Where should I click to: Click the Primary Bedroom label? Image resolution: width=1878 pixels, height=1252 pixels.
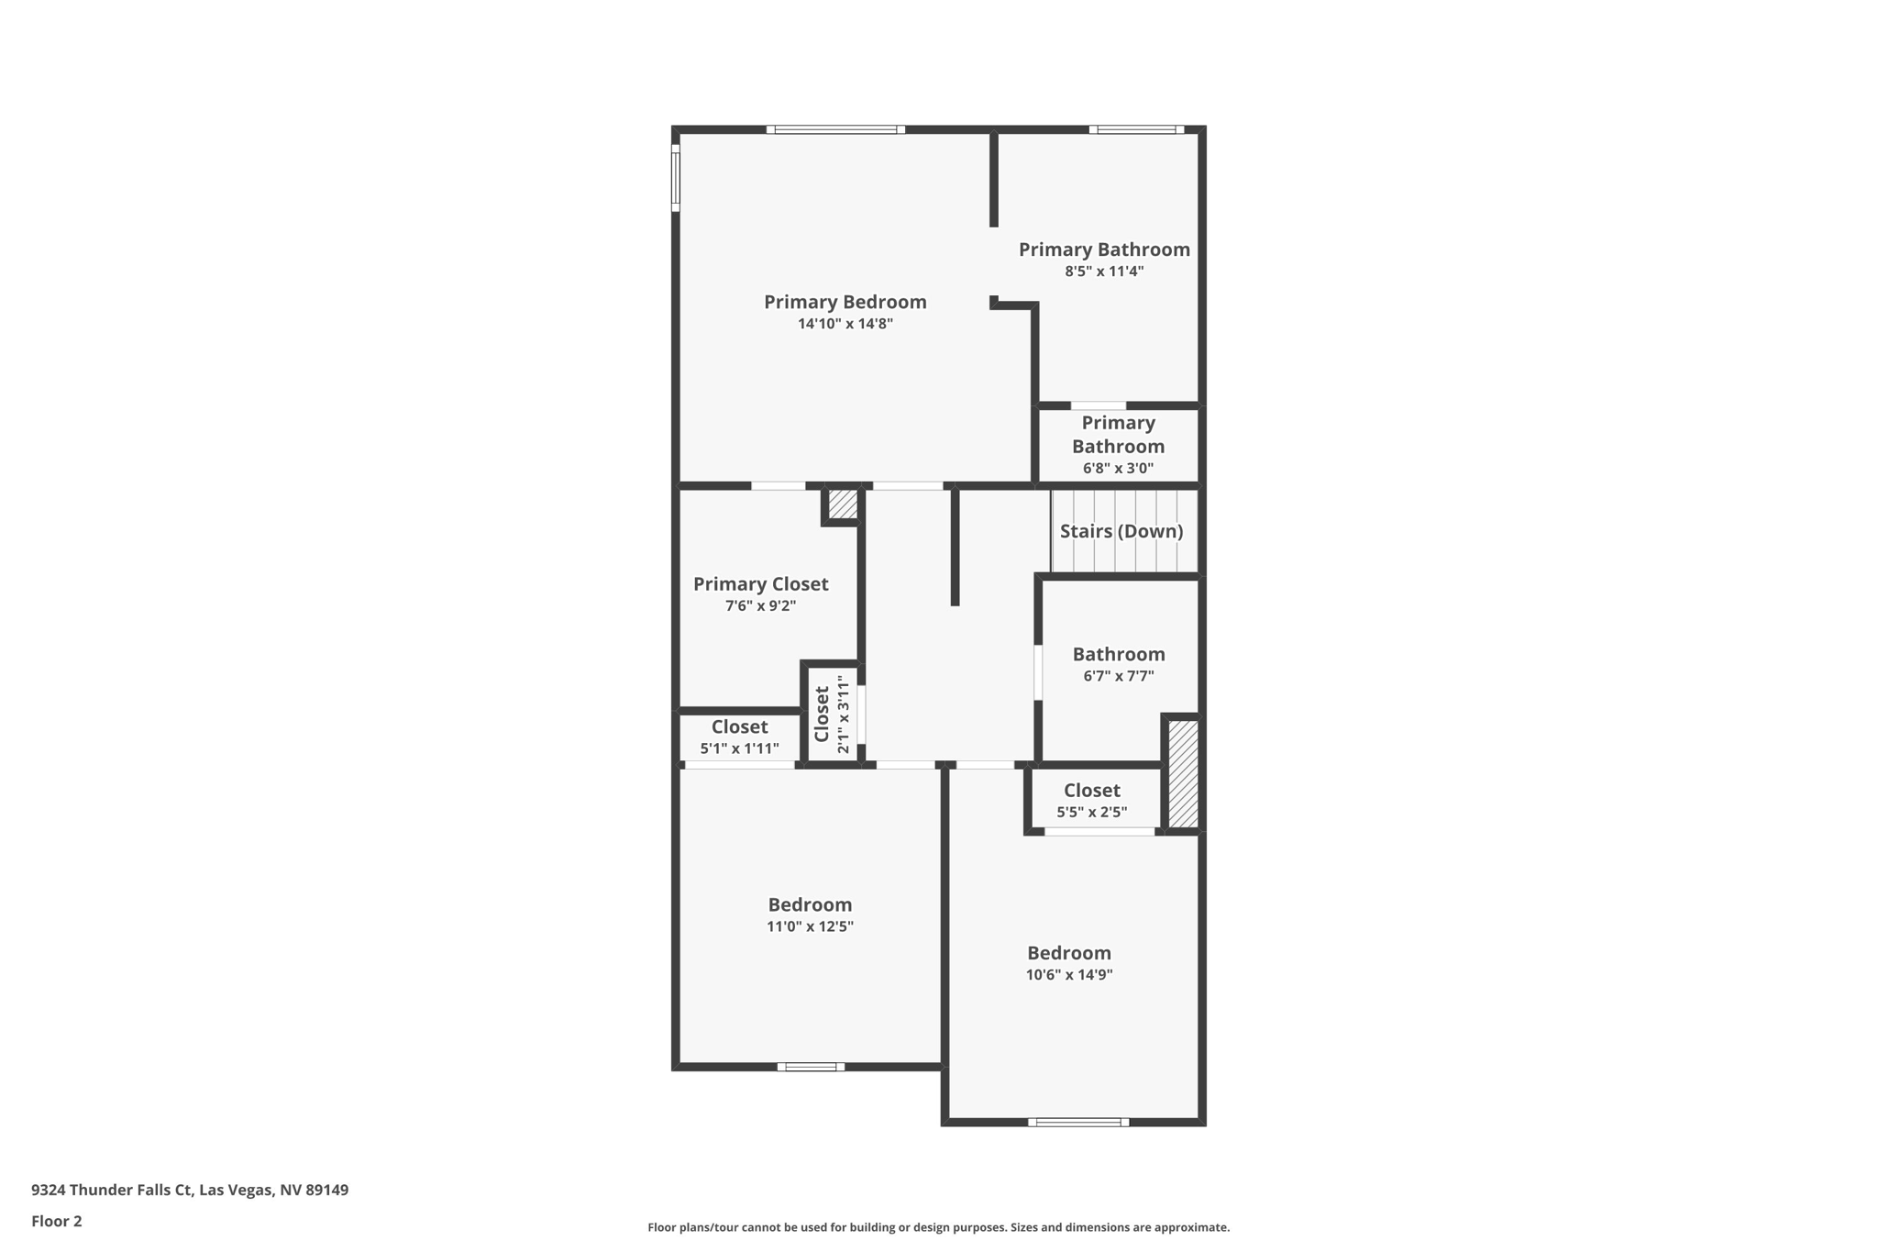point(845,302)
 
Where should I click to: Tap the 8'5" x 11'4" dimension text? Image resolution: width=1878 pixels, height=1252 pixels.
point(1104,271)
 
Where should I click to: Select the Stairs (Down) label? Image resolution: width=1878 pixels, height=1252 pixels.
point(1121,531)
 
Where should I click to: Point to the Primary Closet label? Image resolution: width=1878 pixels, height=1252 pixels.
point(760,584)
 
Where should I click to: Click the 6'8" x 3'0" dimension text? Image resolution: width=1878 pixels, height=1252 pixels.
point(1118,469)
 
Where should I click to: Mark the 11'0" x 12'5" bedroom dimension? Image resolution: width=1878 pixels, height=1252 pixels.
point(810,927)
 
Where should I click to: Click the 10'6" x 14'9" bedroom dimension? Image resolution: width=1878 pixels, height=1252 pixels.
point(1068,975)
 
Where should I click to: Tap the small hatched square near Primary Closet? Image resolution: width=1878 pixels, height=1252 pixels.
point(843,504)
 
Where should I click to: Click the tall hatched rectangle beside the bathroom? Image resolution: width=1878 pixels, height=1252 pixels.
point(1182,773)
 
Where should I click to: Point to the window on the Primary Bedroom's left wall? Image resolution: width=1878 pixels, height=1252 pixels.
point(676,177)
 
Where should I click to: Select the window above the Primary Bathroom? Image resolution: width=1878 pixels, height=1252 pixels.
point(1136,129)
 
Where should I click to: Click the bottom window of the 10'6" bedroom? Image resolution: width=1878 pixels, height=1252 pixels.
point(1077,1122)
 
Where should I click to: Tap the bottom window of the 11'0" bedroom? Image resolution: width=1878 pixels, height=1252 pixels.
point(811,1067)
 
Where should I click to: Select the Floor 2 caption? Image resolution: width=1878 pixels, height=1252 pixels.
point(57,1222)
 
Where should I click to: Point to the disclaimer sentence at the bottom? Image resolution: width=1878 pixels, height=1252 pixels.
point(938,1227)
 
